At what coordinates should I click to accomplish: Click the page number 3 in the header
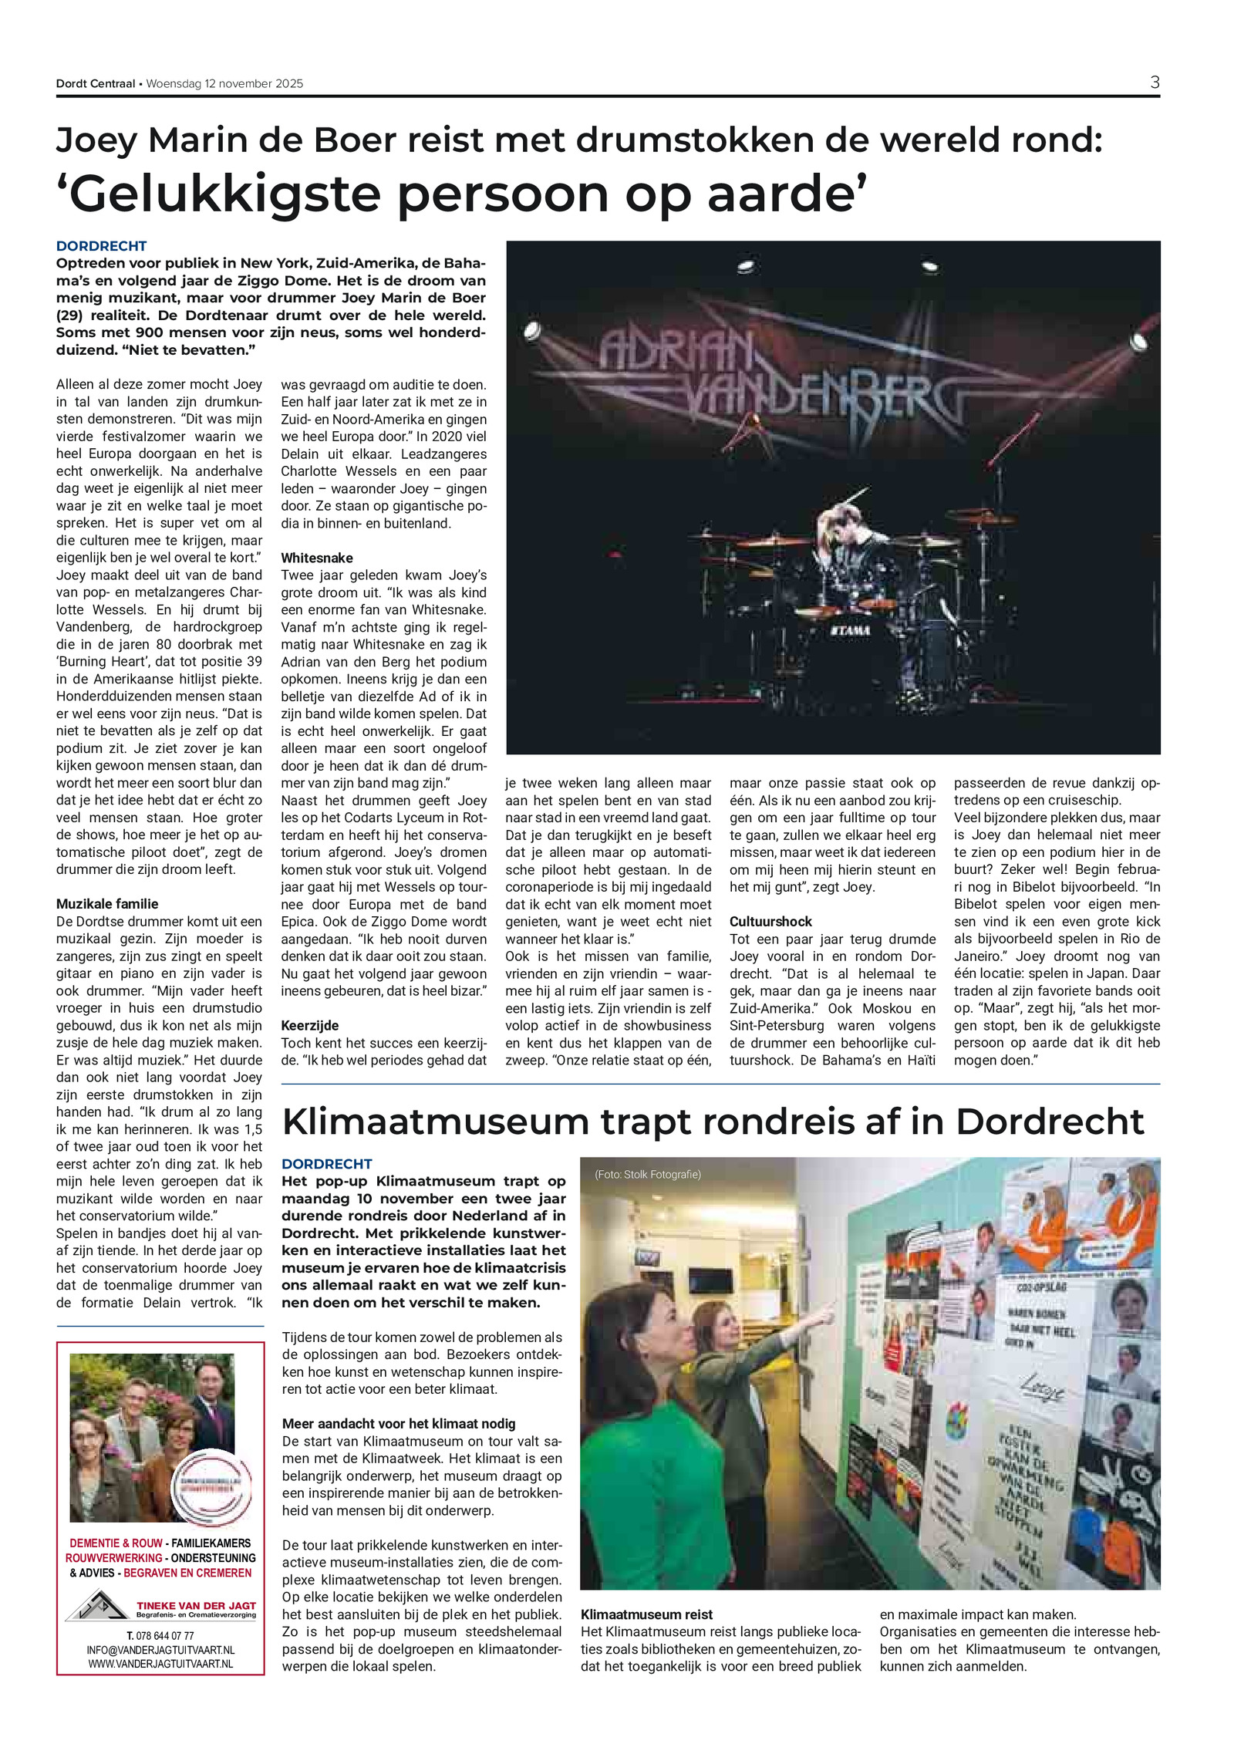1154,83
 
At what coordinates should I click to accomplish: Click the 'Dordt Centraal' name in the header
95,83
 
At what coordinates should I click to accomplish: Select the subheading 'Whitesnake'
316,558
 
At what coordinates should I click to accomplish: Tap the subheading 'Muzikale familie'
107,904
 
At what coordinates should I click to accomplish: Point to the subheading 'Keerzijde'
310,1025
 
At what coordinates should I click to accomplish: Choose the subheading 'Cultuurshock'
770,922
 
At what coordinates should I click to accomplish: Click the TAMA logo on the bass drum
851,630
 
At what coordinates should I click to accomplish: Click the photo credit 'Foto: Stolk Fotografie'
647,1175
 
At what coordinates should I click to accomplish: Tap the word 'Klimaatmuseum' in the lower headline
435,1122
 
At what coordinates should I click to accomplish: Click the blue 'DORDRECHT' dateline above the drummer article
101,246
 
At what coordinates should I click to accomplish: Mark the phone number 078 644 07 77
160,1635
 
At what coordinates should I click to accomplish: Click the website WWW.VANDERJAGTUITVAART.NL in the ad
160,1664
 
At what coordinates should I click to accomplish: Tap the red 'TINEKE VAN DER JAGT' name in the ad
196,1605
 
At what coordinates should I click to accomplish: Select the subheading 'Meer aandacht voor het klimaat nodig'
398,1424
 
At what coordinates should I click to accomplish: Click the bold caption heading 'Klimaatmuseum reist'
646,1614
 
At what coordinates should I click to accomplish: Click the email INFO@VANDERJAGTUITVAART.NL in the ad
160,1650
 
